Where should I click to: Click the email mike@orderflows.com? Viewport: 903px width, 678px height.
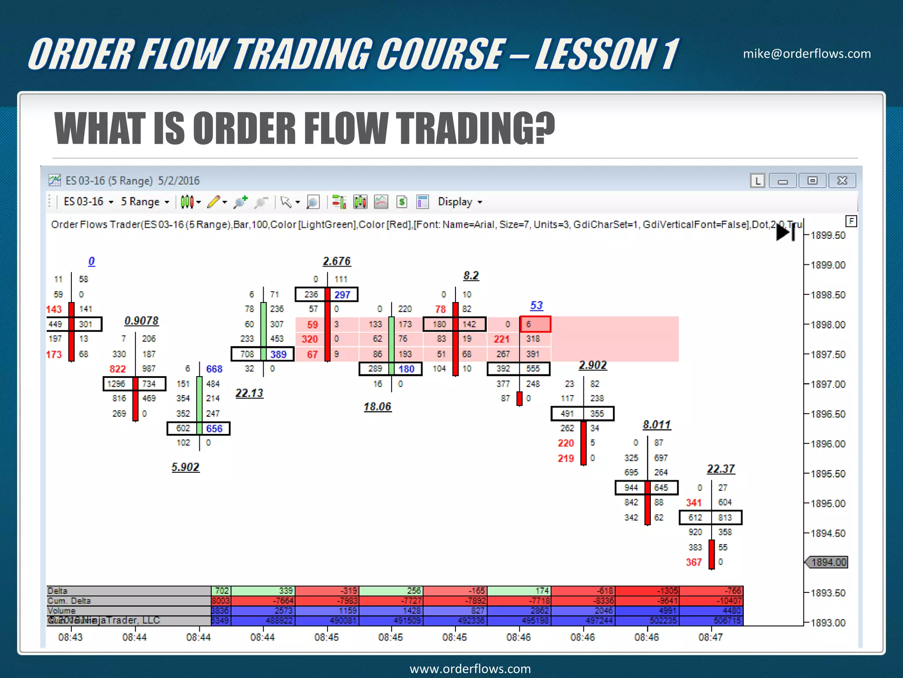click(806, 54)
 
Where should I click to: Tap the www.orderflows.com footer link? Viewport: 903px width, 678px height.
click(470, 669)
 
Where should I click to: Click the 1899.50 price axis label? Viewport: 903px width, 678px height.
click(828, 235)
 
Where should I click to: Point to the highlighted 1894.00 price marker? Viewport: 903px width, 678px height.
click(828, 562)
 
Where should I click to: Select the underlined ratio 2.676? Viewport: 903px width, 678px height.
click(336, 261)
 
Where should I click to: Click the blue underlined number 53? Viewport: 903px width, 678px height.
click(536, 305)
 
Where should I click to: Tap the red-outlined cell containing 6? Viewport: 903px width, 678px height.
click(535, 324)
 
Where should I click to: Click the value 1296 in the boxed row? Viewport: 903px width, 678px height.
click(116, 384)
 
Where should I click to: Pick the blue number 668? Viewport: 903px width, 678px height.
click(214, 369)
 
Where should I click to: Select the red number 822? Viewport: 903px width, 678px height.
click(117, 369)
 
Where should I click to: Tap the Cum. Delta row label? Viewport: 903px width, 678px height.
click(69, 601)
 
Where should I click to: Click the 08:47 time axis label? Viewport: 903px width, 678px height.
click(710, 637)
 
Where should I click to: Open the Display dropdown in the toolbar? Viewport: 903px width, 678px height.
click(459, 202)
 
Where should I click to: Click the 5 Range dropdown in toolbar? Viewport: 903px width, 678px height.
click(145, 202)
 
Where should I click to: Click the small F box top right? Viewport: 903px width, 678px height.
click(851, 221)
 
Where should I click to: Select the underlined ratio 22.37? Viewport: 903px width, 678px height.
click(721, 469)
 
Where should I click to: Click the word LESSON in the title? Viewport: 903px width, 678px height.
click(596, 54)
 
